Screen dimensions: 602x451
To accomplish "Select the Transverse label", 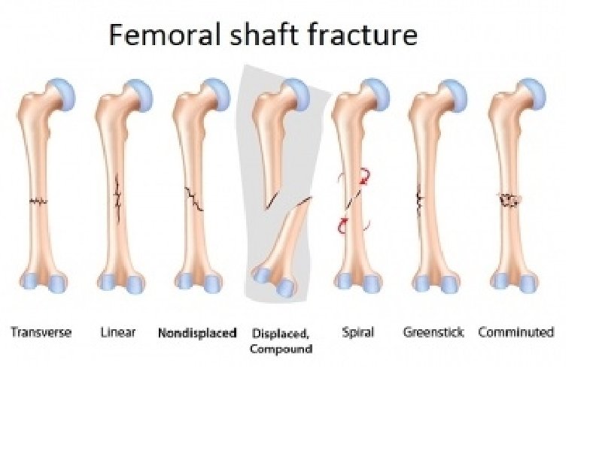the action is [x=41, y=332].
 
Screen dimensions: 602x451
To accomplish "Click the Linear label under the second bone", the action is [x=117, y=332].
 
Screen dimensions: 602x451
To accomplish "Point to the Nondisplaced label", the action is [x=197, y=332].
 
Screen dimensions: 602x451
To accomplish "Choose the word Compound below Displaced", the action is [x=281, y=349].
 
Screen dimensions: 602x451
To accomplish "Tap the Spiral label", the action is [x=357, y=332].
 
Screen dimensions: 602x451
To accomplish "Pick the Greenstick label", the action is [x=433, y=332].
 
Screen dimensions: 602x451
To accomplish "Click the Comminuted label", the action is [x=516, y=332].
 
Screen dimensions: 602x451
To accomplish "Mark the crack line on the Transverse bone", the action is [x=38, y=201].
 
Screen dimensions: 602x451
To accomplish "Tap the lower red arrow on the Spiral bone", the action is [x=345, y=223].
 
